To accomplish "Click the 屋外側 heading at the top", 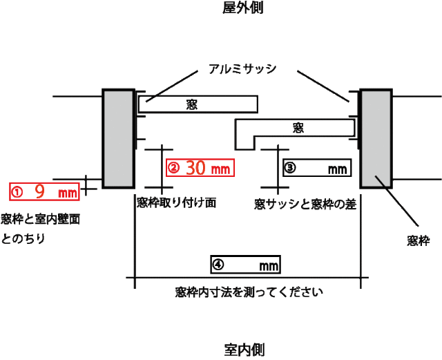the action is tap(242, 8).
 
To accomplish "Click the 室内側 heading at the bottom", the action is tap(244, 350).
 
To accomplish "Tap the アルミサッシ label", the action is tap(242, 69).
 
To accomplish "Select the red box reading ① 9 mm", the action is tap(44, 192).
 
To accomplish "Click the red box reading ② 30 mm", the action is tap(200, 168).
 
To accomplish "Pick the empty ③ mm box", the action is tap(317, 168).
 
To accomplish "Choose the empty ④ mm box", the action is tap(246, 265).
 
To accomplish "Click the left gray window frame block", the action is tap(118, 138).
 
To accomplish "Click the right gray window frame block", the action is tap(376, 138).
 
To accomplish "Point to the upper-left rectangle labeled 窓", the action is tap(198, 104).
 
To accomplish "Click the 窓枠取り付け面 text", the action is tap(177, 202).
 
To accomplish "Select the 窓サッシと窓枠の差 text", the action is tap(305, 205).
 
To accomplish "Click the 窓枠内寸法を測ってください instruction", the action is tap(249, 292).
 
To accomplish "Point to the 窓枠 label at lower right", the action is tap(419, 241).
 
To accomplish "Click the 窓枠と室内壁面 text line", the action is tap(41, 219).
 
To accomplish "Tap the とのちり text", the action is tap(23, 238).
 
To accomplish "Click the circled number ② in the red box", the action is tap(173, 168).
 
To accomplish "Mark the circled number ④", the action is tap(218, 265).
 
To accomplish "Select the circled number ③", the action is tap(290, 168).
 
